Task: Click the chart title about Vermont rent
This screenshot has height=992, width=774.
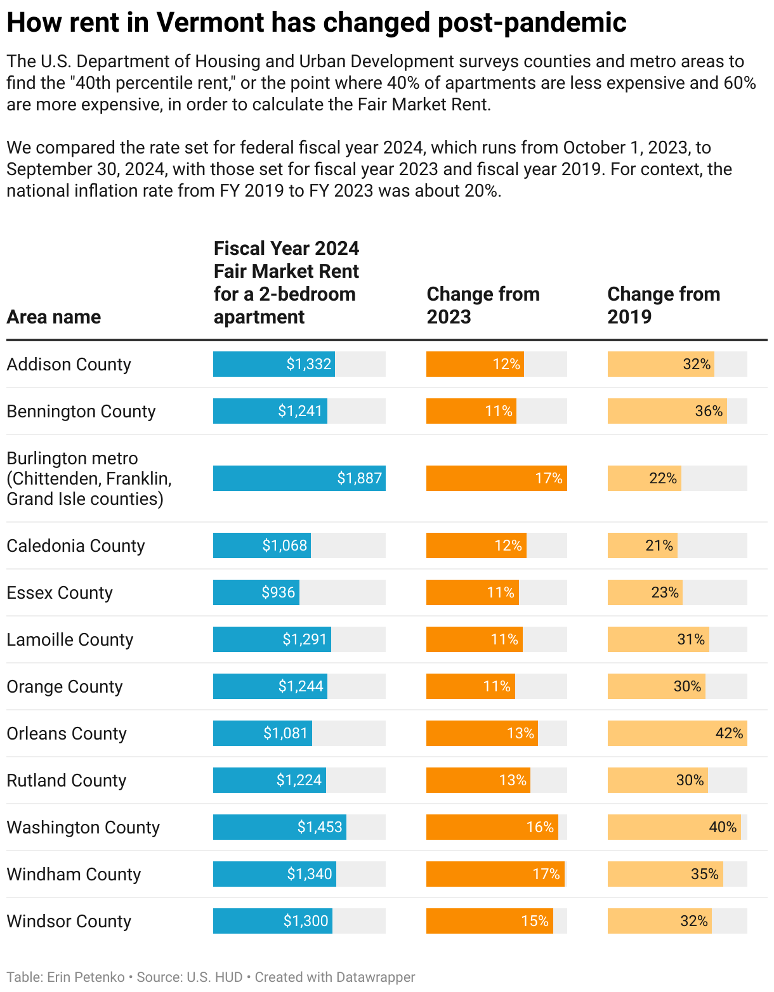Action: pyautogui.click(x=316, y=23)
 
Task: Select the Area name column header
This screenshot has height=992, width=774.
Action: pyautogui.click(x=54, y=317)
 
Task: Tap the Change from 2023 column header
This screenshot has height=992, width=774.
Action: pyautogui.click(x=483, y=305)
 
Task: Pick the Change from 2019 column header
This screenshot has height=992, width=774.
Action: pyautogui.click(x=664, y=305)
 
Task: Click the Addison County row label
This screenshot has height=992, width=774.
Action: pyautogui.click(x=69, y=364)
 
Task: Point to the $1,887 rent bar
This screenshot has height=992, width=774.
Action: pyautogui.click(x=299, y=478)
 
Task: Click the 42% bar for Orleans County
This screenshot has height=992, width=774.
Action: pyautogui.click(x=677, y=733)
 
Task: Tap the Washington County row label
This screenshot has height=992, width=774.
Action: pyautogui.click(x=83, y=827)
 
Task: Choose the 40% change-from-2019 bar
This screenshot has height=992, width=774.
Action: pyautogui.click(x=674, y=827)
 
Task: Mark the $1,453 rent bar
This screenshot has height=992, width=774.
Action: pyautogui.click(x=280, y=827)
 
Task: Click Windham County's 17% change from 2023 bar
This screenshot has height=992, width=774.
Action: pyautogui.click(x=495, y=874)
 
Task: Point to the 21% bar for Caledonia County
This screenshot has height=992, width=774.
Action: pyautogui.click(x=642, y=545)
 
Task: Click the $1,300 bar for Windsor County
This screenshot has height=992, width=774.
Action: pyautogui.click(x=273, y=921)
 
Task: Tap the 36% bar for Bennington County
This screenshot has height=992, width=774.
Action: pyautogui.click(x=667, y=411)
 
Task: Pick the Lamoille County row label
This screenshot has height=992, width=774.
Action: pyautogui.click(x=70, y=639)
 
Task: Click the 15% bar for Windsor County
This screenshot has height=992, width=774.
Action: pyautogui.click(x=489, y=921)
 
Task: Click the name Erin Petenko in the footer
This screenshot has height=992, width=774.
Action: pyautogui.click(x=86, y=977)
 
